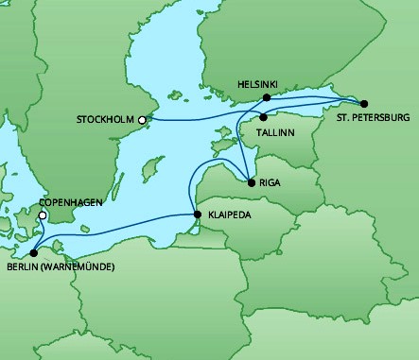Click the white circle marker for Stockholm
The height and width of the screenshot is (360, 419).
click(x=142, y=120)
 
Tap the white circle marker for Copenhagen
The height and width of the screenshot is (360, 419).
click(x=42, y=215)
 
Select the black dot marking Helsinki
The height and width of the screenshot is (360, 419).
click(x=267, y=97)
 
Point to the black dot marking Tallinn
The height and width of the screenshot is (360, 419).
click(x=263, y=118)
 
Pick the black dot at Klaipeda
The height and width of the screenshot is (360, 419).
click(x=197, y=215)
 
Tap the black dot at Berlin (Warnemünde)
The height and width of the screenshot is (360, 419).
click(x=34, y=252)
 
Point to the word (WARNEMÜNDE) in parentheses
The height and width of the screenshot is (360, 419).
click(x=79, y=266)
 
